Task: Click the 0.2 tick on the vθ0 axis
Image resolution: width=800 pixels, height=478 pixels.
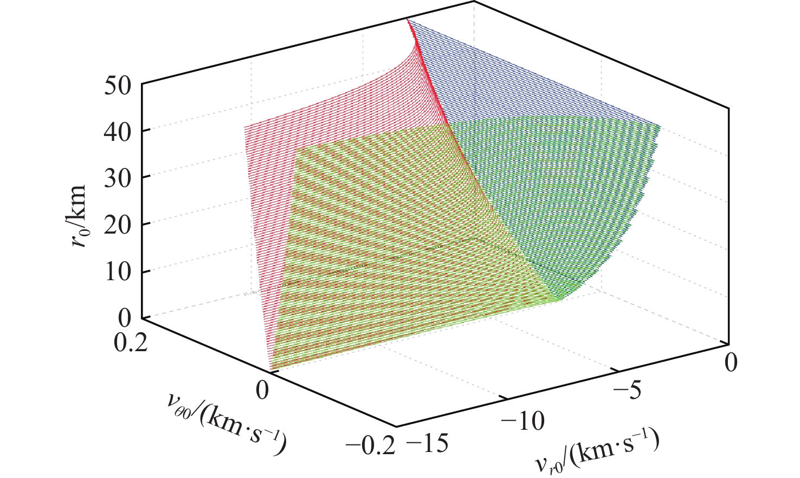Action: pyautogui.click(x=131, y=344)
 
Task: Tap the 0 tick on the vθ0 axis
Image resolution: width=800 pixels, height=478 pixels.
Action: pyautogui.click(x=262, y=390)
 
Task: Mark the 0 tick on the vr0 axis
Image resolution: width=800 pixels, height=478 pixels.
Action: pyautogui.click(x=731, y=362)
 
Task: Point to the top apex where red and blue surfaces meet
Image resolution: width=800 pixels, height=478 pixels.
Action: pyautogui.click(x=408, y=20)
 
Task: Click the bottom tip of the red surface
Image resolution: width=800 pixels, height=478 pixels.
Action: pyautogui.click(x=269, y=371)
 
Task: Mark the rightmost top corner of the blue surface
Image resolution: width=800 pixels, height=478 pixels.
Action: pyautogui.click(x=661, y=126)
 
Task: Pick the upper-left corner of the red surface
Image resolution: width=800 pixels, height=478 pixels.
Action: pyautogui.click(x=245, y=127)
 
